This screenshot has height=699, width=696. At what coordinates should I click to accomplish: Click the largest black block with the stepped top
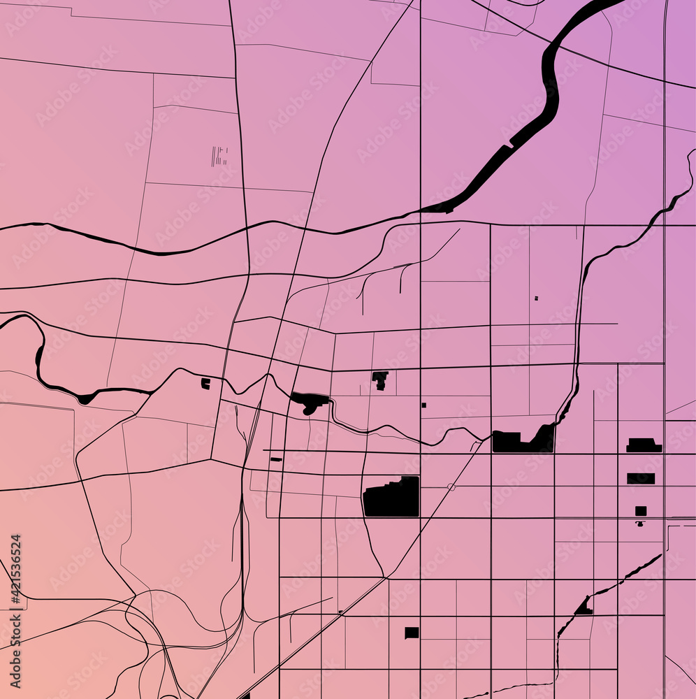click(x=391, y=498)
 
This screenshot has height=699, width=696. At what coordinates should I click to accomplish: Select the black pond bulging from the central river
click(x=309, y=401)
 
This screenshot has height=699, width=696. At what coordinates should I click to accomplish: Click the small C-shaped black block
click(x=205, y=383)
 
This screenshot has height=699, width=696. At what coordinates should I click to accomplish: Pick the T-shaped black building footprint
click(x=380, y=380)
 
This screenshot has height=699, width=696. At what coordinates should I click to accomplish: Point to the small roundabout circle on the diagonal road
click(x=451, y=487)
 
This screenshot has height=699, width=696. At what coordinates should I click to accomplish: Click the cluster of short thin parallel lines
click(x=220, y=156)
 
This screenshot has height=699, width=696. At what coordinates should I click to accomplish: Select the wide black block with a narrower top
click(x=644, y=445)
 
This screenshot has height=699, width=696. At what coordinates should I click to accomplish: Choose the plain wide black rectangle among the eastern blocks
click(x=641, y=478)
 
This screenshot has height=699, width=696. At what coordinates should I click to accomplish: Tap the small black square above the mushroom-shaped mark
click(x=641, y=511)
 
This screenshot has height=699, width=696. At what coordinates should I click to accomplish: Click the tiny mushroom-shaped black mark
click(x=640, y=523)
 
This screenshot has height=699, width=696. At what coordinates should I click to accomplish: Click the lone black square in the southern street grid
click(x=412, y=633)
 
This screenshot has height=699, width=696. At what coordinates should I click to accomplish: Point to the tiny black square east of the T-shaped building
click(x=423, y=405)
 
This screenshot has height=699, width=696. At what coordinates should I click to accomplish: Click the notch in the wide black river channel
click(x=512, y=145)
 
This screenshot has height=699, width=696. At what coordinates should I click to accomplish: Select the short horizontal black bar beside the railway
click(x=276, y=459)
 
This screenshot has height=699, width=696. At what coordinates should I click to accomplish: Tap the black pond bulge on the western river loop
click(x=85, y=399)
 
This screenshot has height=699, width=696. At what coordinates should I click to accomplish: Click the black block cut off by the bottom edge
click(x=245, y=696)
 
